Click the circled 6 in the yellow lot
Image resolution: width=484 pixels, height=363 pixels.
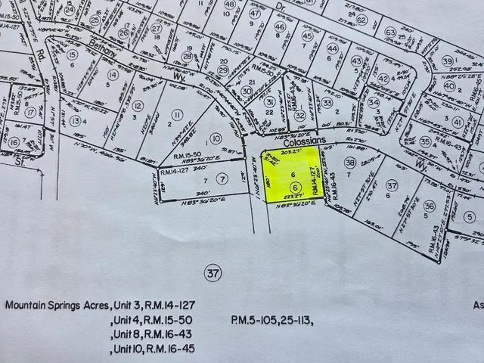pos(295,187)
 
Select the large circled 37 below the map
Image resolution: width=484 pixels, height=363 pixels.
pos(211,271)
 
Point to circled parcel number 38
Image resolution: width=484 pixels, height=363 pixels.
pos(349,162)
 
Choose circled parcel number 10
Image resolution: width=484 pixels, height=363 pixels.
pos(215,138)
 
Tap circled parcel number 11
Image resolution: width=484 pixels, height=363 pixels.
pos(177,114)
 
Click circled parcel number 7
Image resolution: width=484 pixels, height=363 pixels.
pos(221,178)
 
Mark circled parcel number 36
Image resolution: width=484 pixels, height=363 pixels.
pos(430,206)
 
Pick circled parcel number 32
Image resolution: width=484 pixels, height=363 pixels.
pos(300,115)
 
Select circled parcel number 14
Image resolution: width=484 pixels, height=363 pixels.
pos(113,74)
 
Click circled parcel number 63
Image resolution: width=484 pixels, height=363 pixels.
pos(390,33)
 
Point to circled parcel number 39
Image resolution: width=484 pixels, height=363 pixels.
pos(448,61)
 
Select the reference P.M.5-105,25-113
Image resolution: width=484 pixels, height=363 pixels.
pos(272,320)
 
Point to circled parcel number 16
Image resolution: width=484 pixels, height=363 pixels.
pos(14,142)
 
